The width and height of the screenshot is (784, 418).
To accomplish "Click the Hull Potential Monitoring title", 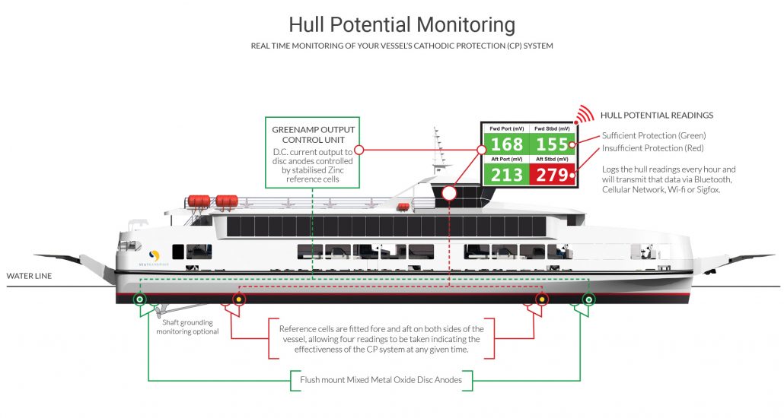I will pyautogui.click(x=402, y=24).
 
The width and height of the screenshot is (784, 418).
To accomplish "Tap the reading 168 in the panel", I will pyautogui.click(x=506, y=144).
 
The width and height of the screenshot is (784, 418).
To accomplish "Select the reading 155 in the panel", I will pyautogui.click(x=552, y=144).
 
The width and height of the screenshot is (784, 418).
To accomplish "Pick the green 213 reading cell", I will pyautogui.click(x=506, y=176).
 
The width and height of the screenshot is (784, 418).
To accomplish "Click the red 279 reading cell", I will pyautogui.click(x=552, y=176).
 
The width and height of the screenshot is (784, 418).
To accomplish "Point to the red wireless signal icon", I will pyautogui.click(x=583, y=115).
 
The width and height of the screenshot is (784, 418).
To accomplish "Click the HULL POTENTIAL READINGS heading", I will pyautogui.click(x=656, y=116).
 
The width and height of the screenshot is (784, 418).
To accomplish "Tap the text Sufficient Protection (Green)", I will pyautogui.click(x=653, y=135).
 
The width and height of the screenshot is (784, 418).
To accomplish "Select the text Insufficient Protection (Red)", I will pyautogui.click(x=653, y=147).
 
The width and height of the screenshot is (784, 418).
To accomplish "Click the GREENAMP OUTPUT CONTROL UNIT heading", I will pyautogui.click(x=314, y=135).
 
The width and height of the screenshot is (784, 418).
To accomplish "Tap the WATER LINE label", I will pyautogui.click(x=29, y=276).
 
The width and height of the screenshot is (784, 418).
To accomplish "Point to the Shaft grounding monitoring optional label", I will pyautogui.click(x=187, y=327).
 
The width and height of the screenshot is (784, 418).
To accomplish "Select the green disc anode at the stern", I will pyautogui.click(x=139, y=299).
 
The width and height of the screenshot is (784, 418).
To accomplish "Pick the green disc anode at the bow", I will pyautogui.click(x=588, y=299).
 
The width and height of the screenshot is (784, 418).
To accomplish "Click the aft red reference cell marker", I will pyautogui.click(x=238, y=299).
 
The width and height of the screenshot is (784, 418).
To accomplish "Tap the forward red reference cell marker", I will pyautogui.click(x=541, y=299).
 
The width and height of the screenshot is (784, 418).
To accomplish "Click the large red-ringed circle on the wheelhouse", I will pyautogui.click(x=449, y=193).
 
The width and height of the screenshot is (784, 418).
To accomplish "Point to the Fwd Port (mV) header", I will pyautogui.click(x=506, y=128).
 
